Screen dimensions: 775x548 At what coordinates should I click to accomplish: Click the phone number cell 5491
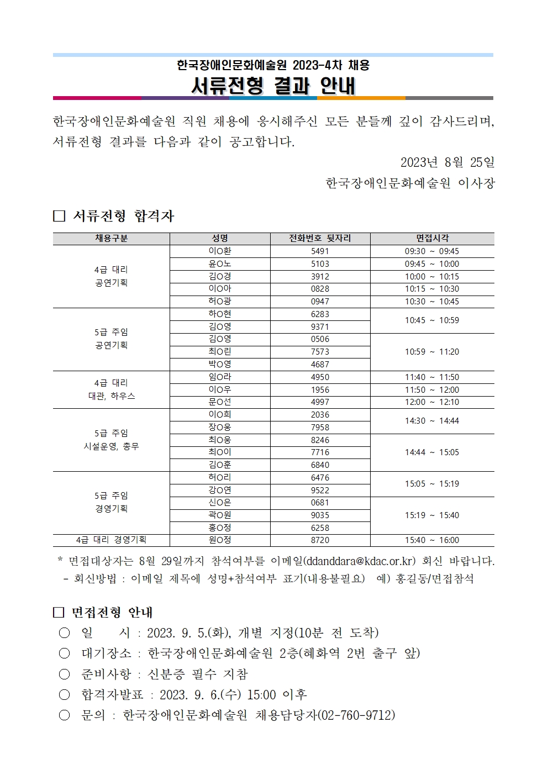320,251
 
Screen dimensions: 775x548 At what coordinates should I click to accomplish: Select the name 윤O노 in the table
220,264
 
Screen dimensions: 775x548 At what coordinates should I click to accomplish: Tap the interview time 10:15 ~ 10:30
431,289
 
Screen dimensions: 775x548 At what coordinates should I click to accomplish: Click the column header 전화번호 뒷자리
320,239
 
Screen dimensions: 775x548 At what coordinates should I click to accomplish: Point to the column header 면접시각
432,239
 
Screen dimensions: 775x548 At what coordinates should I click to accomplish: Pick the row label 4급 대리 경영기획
111,540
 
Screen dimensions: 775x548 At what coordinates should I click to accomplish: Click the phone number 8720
320,540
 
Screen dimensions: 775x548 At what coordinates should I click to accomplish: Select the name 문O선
220,402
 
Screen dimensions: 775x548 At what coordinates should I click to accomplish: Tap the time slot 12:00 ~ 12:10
431,402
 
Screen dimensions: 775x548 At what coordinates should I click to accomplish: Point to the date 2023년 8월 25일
447,162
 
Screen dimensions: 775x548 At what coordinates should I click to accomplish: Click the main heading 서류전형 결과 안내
273,86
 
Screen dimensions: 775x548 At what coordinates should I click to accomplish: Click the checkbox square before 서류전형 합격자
59,216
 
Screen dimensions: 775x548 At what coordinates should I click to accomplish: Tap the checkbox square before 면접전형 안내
59,613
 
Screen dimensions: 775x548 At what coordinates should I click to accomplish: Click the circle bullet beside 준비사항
65,674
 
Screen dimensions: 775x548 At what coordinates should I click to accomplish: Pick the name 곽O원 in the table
220,515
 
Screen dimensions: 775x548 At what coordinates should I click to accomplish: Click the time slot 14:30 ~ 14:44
431,421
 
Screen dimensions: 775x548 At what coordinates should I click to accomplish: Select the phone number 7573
320,352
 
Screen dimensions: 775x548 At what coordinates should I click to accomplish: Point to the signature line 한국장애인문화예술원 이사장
410,183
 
